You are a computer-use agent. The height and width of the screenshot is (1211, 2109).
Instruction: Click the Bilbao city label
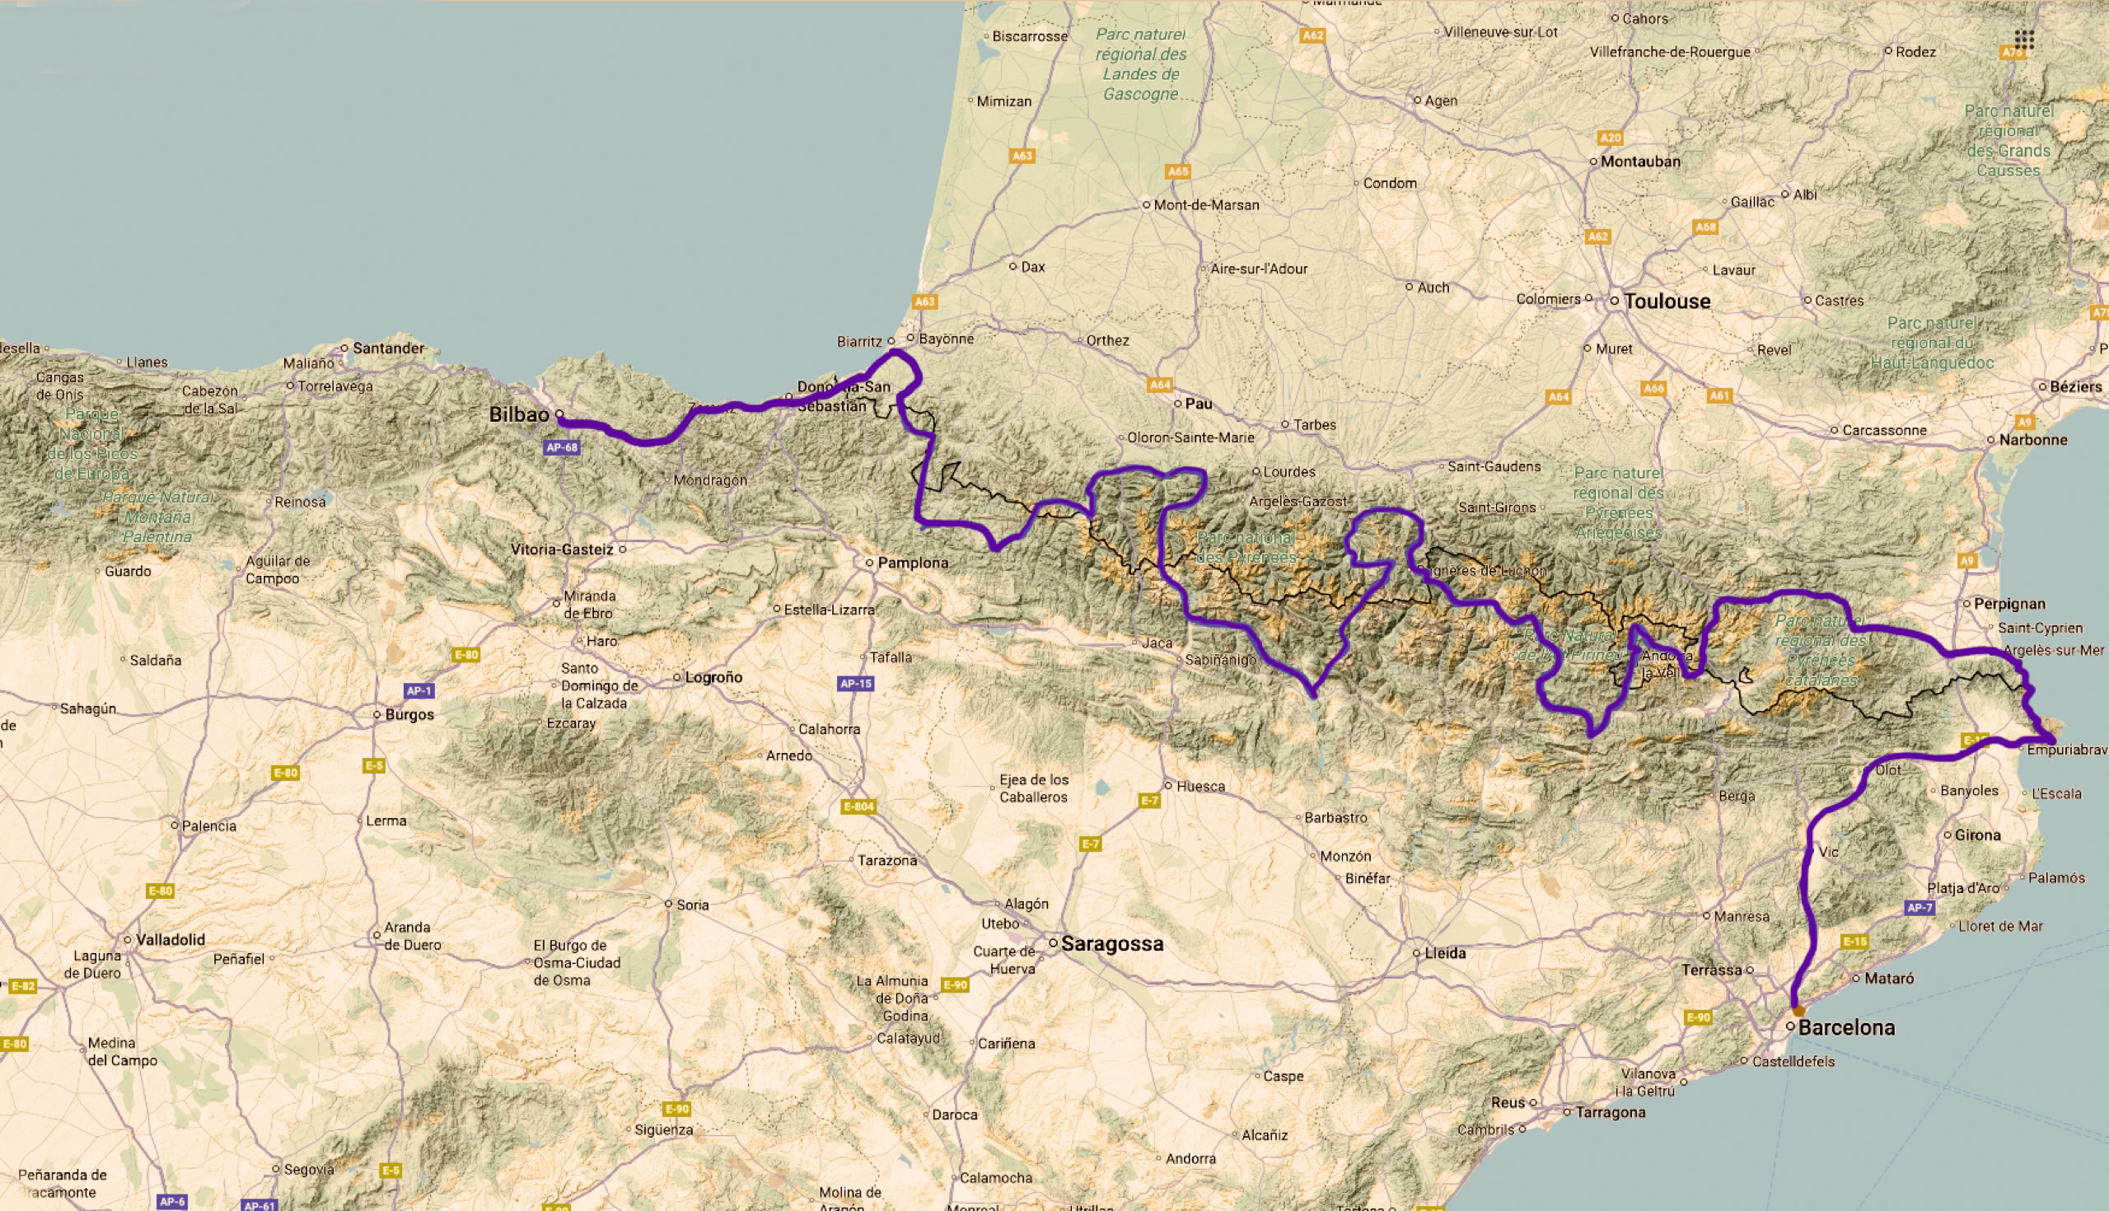pyautogui.click(x=519, y=414)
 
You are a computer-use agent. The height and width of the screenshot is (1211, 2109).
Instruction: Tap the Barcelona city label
pyautogui.click(x=1846, y=1027)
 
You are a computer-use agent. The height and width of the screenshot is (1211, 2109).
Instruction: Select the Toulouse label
pyautogui.click(x=1667, y=301)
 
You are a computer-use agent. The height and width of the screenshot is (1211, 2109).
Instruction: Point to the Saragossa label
pyautogui.click(x=1112, y=944)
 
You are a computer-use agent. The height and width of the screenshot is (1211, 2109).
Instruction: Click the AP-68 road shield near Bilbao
pyautogui.click(x=561, y=447)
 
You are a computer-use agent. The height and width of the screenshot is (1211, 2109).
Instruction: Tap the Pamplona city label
pyautogui.click(x=912, y=563)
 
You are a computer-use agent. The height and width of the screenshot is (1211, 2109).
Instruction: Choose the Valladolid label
pyautogui.click(x=170, y=939)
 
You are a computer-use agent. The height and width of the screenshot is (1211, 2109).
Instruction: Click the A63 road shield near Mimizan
pyautogui.click(x=1022, y=156)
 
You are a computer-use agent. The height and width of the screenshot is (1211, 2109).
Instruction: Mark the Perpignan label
pyautogui.click(x=2009, y=604)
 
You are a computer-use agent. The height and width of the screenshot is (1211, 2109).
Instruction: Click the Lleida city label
pyautogui.click(x=1444, y=953)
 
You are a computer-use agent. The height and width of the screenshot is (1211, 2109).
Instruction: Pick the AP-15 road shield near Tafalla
pyautogui.click(x=856, y=684)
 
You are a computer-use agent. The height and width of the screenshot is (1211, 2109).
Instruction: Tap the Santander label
pyautogui.click(x=388, y=348)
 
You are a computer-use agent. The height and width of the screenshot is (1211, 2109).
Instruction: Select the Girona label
pyautogui.click(x=1978, y=835)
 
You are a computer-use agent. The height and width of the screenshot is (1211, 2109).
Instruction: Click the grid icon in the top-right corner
pyautogui.click(x=2024, y=39)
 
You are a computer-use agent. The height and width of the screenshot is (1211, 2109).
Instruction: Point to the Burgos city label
pyautogui.click(x=409, y=714)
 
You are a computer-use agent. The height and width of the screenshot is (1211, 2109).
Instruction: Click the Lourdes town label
pyautogui.click(x=1289, y=471)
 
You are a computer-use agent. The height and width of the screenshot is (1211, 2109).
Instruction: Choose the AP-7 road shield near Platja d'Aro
pyautogui.click(x=1920, y=908)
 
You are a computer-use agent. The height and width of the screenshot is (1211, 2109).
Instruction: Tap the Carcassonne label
pyautogui.click(x=1883, y=430)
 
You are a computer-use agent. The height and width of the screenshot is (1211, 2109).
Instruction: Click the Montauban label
pyautogui.click(x=1640, y=161)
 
